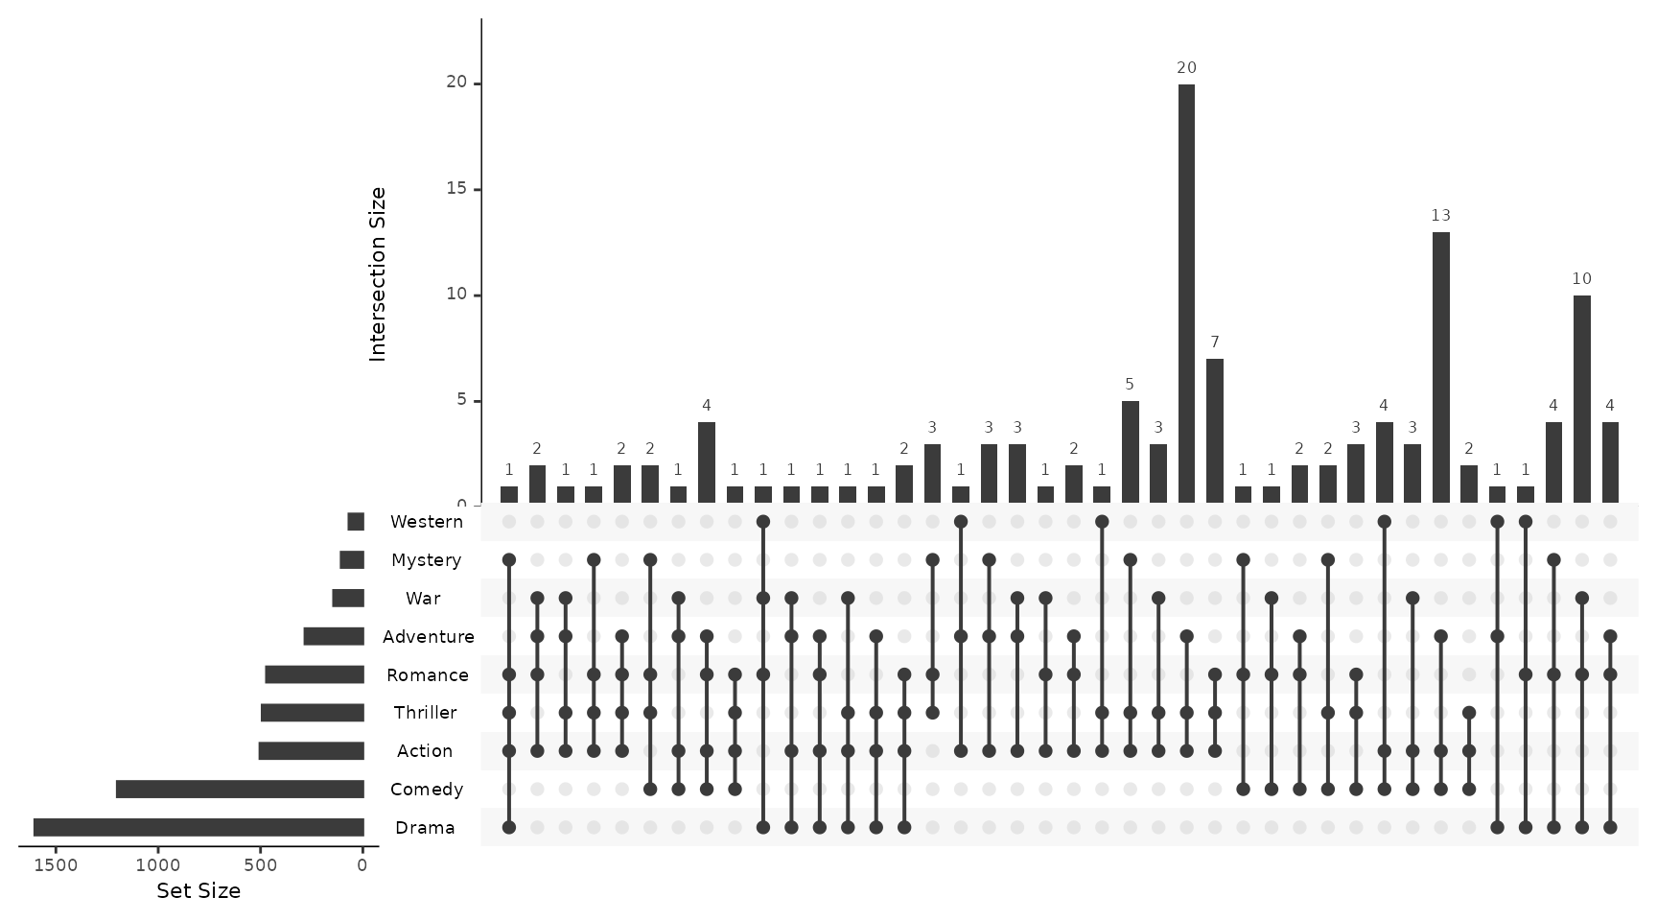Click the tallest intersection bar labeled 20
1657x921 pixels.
[1186, 294]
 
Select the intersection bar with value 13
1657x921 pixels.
[1440, 367]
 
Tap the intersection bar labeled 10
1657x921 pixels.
[1581, 399]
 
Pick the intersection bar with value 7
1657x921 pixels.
[1215, 431]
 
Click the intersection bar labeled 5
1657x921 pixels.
[1130, 452]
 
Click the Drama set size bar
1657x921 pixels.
[198, 828]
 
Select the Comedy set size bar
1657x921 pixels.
[240, 790]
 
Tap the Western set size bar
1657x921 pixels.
[356, 522]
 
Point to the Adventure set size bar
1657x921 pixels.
[334, 636]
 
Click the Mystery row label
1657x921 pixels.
[427, 560]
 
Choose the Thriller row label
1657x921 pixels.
[425, 713]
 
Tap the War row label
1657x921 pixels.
[423, 599]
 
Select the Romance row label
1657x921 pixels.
[428, 675]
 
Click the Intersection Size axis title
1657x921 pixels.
[377, 274]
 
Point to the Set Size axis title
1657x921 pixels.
[198, 891]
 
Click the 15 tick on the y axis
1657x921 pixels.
[455, 189]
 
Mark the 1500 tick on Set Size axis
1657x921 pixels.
[56, 865]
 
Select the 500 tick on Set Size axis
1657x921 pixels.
[260, 865]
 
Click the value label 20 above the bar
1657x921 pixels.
[1186, 67]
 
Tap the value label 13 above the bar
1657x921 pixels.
[1440, 215]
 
